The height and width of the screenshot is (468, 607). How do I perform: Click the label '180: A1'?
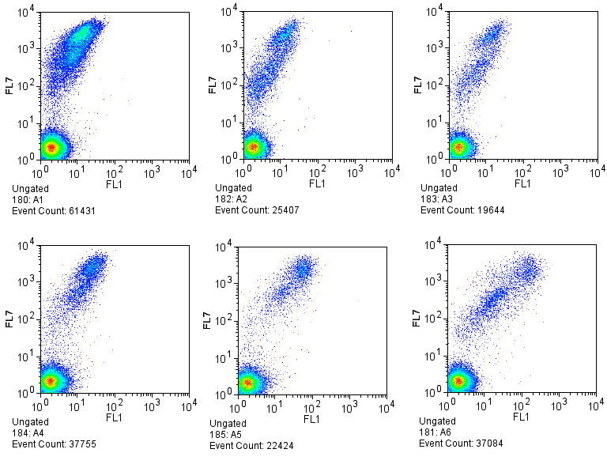pos(29,199)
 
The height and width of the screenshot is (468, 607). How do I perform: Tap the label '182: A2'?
pos(232,199)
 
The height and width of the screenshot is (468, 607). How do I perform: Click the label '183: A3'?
pos(437,199)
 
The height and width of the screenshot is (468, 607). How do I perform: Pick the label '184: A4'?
pos(29,432)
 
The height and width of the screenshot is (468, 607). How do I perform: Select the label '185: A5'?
pos(227,435)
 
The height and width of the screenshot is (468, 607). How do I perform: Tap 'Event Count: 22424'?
pos(249,445)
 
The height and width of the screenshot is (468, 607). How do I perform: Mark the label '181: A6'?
pos(435,432)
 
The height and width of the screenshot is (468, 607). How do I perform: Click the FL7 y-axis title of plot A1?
pos(9,85)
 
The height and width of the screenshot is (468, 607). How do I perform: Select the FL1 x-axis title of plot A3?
pos(522,183)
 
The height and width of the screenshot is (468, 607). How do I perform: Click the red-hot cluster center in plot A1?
pos(52,147)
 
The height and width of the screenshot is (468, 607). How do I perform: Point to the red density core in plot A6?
pos(458,381)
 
